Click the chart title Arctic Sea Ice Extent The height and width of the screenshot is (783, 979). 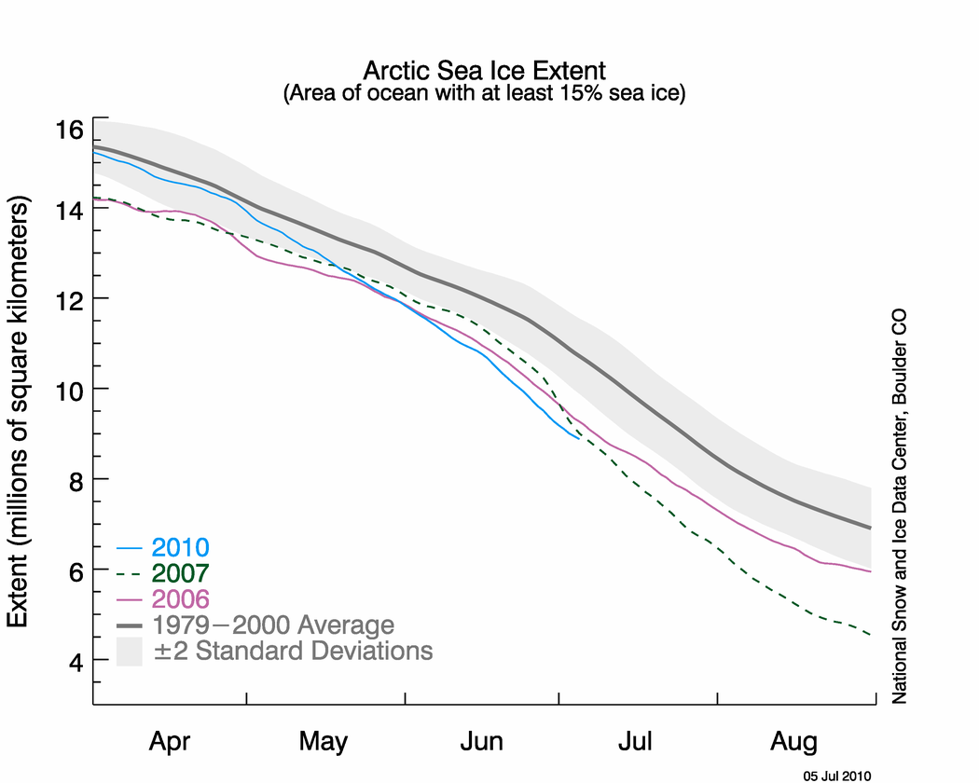coord(484,71)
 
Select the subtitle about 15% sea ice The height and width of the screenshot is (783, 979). coord(484,94)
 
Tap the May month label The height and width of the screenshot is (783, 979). coord(324,742)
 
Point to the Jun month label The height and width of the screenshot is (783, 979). coord(481,742)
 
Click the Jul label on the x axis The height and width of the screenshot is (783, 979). coord(636,742)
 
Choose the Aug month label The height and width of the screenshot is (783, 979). coord(794,742)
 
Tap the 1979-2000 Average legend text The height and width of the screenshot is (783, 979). coord(273,625)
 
